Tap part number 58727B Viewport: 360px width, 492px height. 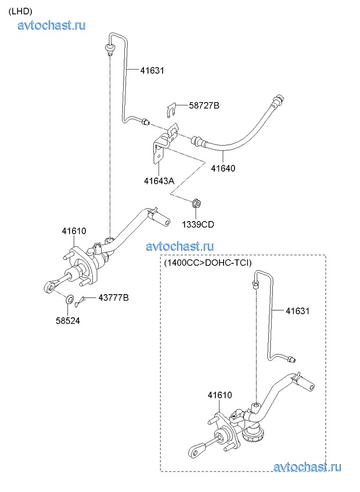coord(204,106)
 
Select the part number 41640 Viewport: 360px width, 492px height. coord(223,169)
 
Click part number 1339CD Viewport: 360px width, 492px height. coord(197,223)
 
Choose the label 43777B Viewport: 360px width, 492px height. coord(113,298)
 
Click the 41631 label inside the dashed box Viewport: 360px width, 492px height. coord(298,311)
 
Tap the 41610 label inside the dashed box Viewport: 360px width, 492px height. coord(220,395)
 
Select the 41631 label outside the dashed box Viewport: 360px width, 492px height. coord(152,71)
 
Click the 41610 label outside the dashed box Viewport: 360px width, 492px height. coord(74,231)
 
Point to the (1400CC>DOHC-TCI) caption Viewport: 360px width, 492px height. coord(207,263)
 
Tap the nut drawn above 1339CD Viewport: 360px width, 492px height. coord(196,202)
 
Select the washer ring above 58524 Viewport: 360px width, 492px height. coord(69,300)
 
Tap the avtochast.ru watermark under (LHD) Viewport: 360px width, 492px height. coord(52,25)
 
